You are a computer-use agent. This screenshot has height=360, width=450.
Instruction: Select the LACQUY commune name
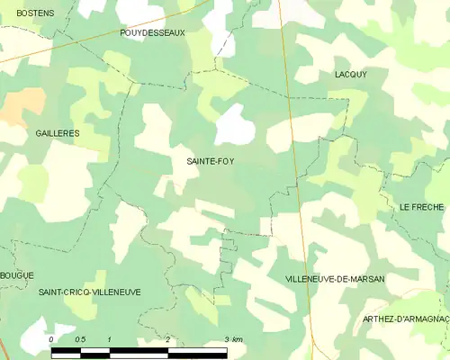coord(350,75)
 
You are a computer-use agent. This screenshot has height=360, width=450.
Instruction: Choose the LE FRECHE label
coord(421,207)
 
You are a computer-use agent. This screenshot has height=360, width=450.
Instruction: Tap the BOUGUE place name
coord(17,274)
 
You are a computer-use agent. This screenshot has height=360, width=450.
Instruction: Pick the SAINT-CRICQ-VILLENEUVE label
coord(89,292)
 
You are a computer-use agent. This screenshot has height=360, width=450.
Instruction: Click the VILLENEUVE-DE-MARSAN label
coord(334,280)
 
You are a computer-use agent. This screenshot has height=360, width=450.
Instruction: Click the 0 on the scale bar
coord(51,339)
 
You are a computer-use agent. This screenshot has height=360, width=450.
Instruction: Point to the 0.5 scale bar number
coord(80,339)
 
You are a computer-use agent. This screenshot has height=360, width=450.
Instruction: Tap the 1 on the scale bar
coord(109,339)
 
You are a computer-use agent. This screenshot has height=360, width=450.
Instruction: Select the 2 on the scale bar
coord(167,339)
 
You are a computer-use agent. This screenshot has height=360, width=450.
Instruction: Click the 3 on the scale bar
coord(226,339)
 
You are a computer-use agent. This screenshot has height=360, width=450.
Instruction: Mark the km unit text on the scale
coord(237,339)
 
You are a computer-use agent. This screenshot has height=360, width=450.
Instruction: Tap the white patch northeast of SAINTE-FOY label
coord(236,124)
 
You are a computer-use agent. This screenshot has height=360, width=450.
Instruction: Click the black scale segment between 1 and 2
coord(139,349)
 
